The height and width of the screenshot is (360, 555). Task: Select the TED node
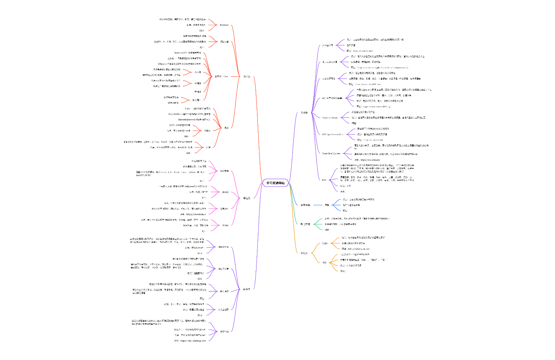(x=324, y=262)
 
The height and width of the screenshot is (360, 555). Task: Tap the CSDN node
(x=325, y=243)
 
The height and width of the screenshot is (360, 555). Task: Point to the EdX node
(x=324, y=180)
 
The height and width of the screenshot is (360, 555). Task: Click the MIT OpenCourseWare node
(x=332, y=134)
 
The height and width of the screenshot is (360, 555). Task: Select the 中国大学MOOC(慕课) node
(x=332, y=98)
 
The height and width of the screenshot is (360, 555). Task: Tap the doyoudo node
(x=224, y=25)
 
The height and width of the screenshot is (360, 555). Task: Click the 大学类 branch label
(x=304, y=113)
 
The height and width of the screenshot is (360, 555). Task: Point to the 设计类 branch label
(x=247, y=77)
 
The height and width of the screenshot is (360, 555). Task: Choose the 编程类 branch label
(x=247, y=198)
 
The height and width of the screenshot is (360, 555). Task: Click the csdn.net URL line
(x=355, y=249)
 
